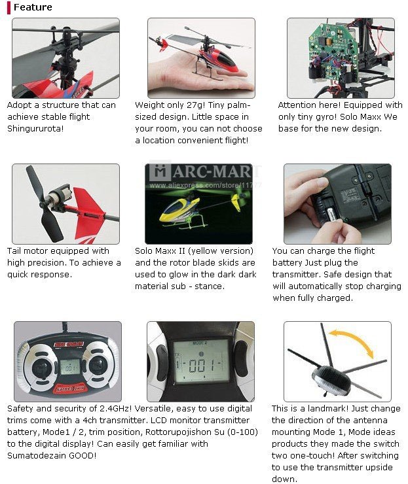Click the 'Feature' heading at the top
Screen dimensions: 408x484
(x=33, y=7)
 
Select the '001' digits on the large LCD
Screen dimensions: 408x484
(x=201, y=366)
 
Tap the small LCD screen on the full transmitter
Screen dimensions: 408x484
(x=70, y=367)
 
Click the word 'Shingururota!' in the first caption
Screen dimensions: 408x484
(x=35, y=128)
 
